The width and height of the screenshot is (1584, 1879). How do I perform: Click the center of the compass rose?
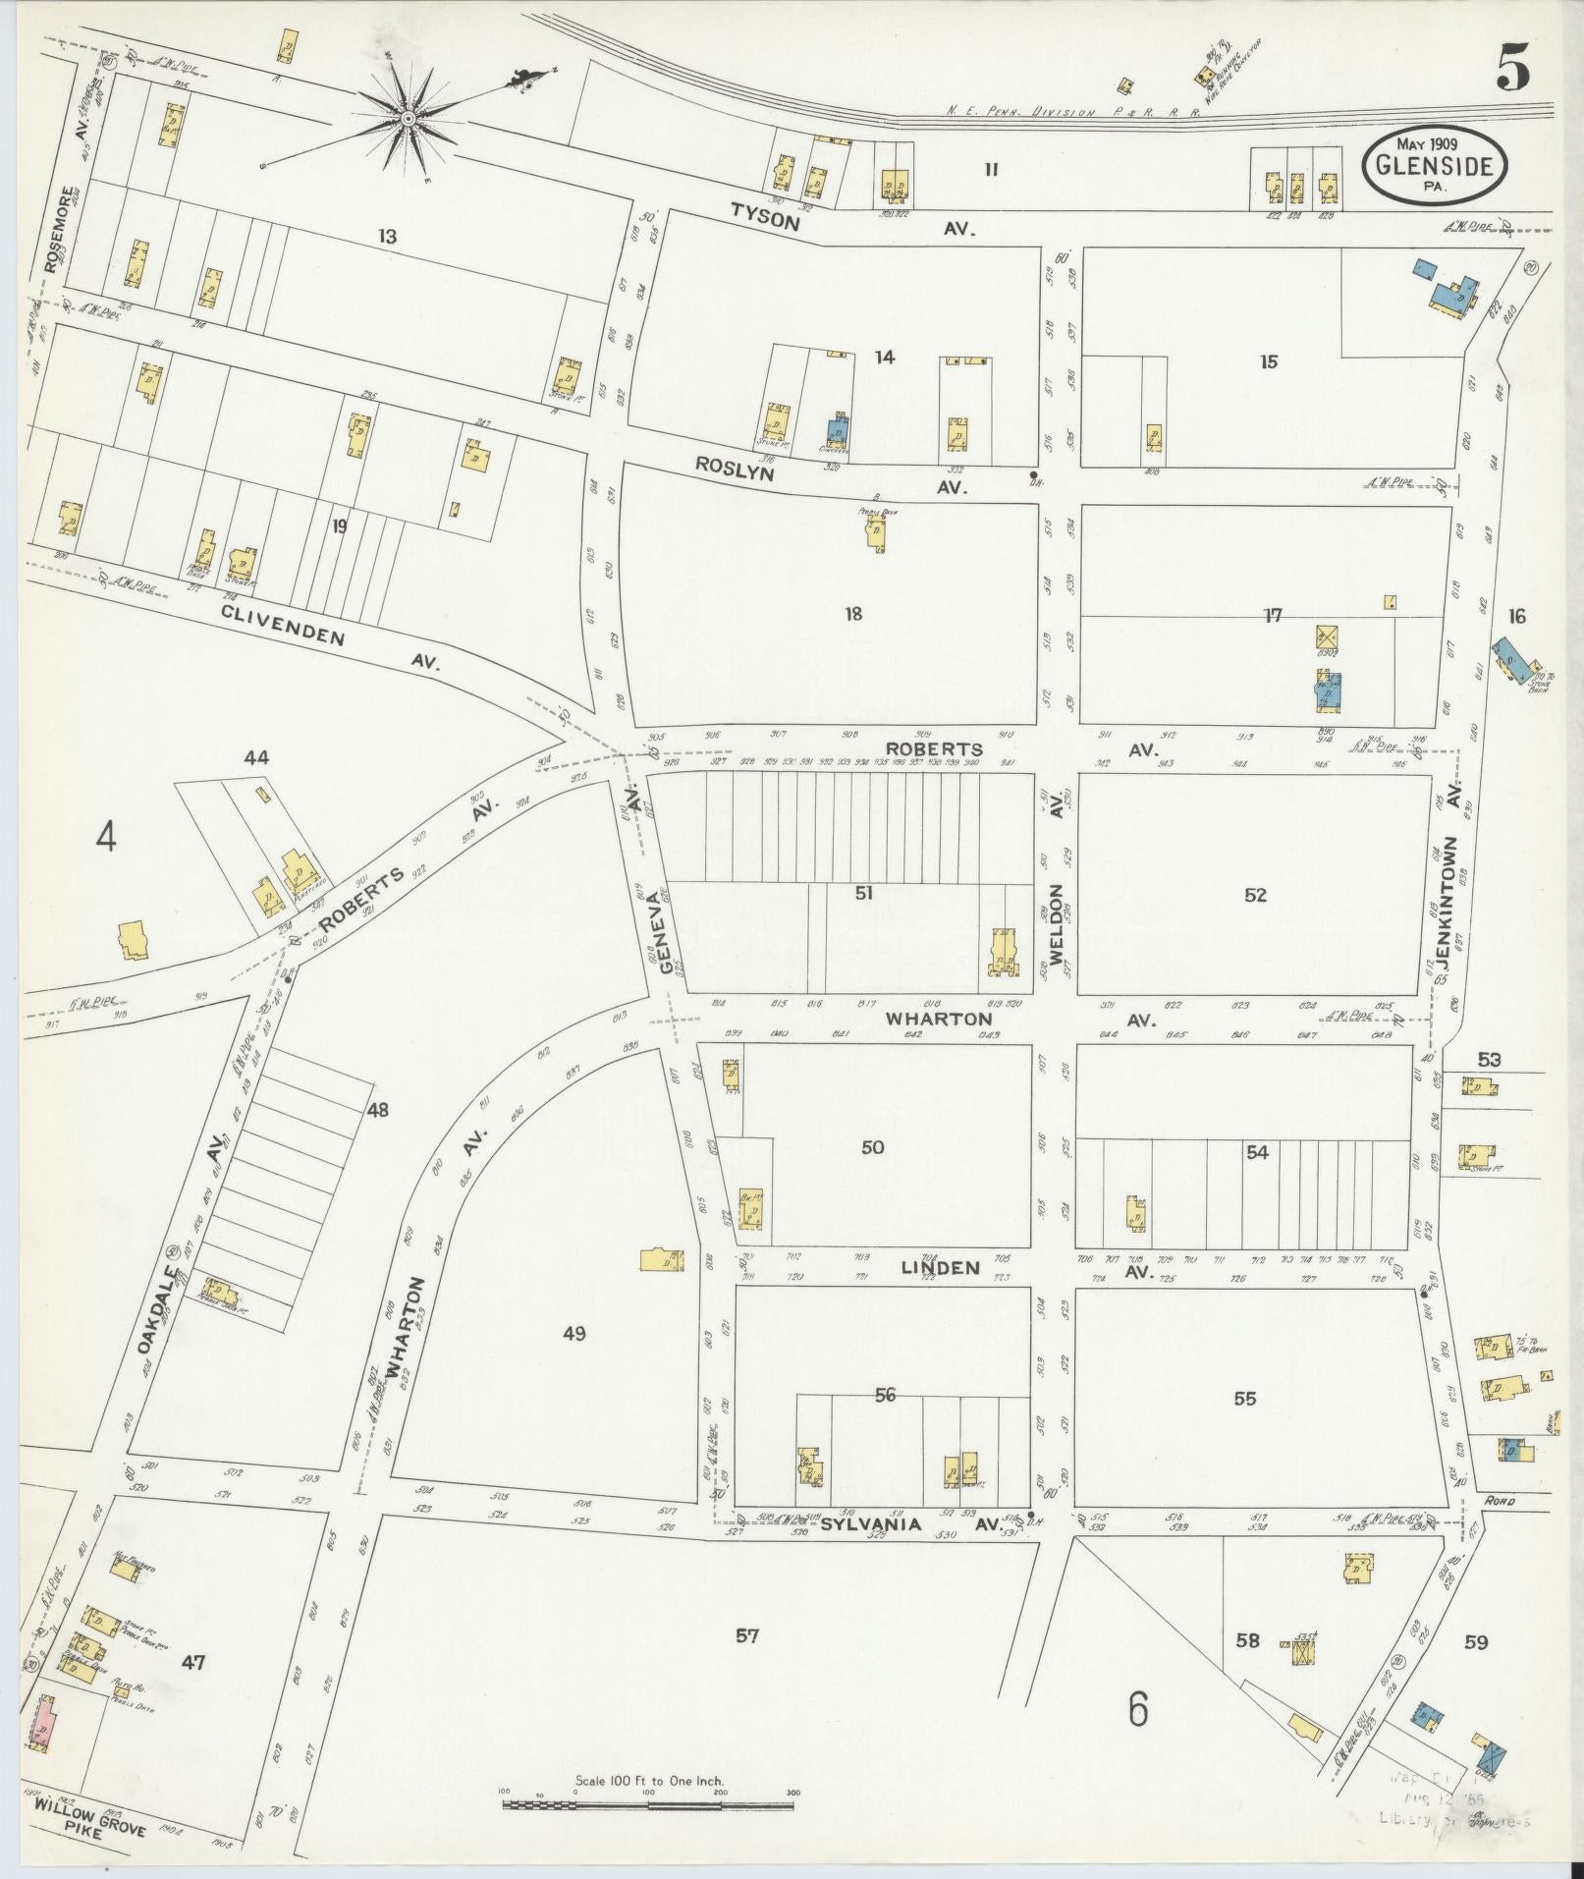407,119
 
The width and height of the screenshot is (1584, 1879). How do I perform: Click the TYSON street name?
765,221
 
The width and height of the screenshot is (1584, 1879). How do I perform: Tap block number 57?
747,1635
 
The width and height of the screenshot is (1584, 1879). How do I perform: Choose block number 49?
574,1333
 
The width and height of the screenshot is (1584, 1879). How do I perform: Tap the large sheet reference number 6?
1137,1710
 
